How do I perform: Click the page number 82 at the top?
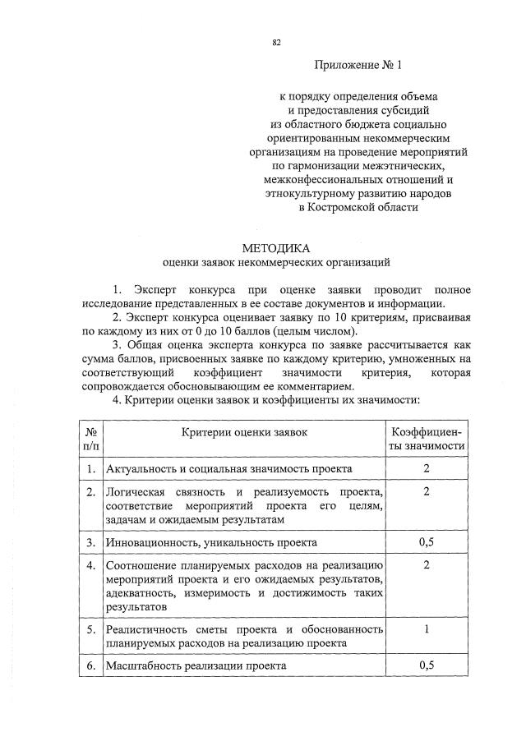[x=277, y=42]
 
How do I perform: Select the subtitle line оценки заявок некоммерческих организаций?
[x=276, y=263]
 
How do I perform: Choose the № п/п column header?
[x=91, y=439]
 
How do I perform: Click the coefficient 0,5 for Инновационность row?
[x=427, y=543]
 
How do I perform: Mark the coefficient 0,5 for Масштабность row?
[x=427, y=665]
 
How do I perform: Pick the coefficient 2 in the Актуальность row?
[x=427, y=468]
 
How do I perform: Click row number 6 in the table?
[x=90, y=665]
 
